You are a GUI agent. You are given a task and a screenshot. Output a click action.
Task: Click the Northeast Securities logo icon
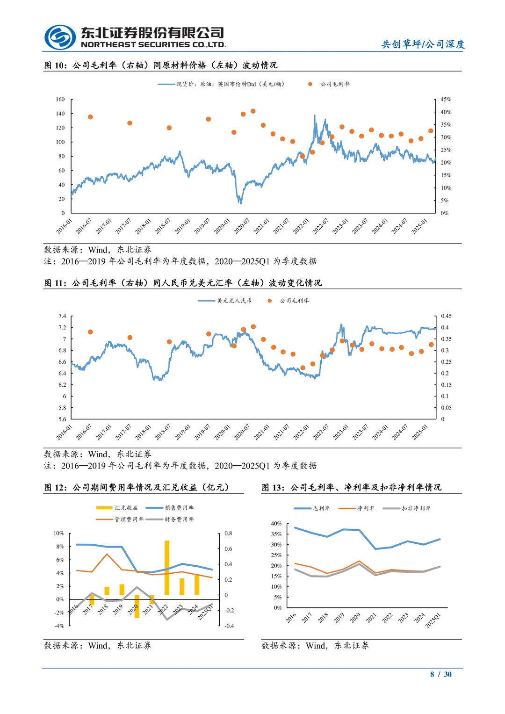pyautogui.click(x=60, y=37)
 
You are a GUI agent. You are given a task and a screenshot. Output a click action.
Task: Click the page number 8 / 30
pyautogui.click(x=440, y=674)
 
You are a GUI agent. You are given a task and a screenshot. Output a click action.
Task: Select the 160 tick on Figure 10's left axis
pyautogui.click(x=60, y=99)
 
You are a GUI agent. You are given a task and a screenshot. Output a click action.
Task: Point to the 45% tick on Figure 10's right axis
pyautogui.click(x=446, y=99)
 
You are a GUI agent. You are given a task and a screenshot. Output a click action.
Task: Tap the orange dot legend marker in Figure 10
pyautogui.click(x=310, y=84)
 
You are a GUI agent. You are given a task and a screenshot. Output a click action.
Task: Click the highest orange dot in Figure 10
pyautogui.click(x=253, y=111)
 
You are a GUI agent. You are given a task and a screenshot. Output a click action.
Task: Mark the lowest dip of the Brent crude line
pyautogui.click(x=240, y=202)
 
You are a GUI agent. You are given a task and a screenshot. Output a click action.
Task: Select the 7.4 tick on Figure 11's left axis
pyautogui.click(x=62, y=316)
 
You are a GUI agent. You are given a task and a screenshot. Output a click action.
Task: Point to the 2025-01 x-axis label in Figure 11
pyautogui.click(x=420, y=432)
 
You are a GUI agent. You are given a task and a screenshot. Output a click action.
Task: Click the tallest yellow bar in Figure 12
pyautogui.click(x=167, y=567)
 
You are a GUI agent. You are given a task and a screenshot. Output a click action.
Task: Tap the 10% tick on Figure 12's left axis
pyautogui.click(x=58, y=533)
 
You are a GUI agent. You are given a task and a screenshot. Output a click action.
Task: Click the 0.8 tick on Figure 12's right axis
pyautogui.click(x=228, y=533)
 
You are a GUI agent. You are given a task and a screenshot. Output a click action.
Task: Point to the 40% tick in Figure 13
pyautogui.click(x=276, y=524)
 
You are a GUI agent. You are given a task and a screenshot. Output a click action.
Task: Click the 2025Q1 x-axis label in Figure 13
pyautogui.click(x=433, y=620)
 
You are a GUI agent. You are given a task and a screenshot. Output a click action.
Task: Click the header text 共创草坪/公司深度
pyautogui.click(x=423, y=44)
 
